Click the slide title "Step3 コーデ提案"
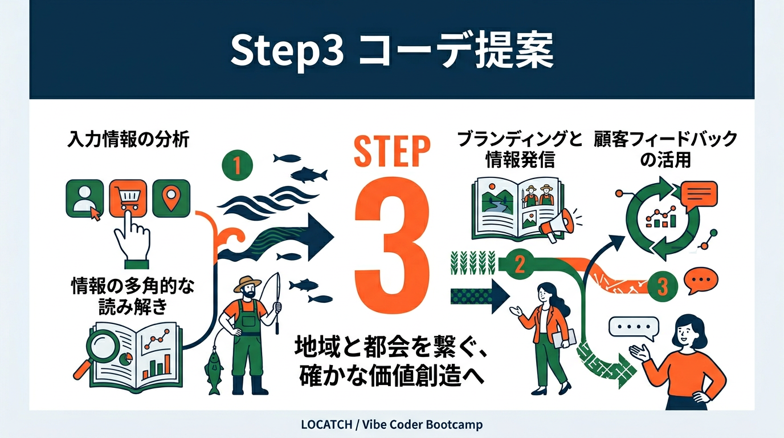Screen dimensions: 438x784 tap(391, 51)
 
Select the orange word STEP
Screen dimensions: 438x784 tap(391, 151)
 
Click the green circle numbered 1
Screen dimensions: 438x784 tap(236, 165)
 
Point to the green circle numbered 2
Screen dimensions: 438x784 tap(519, 265)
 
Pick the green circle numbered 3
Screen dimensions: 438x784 tap(662, 285)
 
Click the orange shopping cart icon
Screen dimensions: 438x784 tap(128, 198)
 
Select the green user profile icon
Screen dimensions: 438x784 tap(85, 199)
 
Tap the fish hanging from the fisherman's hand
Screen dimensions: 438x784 tap(214, 371)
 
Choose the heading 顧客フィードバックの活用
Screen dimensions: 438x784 tap(665, 149)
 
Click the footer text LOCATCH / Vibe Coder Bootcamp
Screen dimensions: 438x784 tap(391, 425)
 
